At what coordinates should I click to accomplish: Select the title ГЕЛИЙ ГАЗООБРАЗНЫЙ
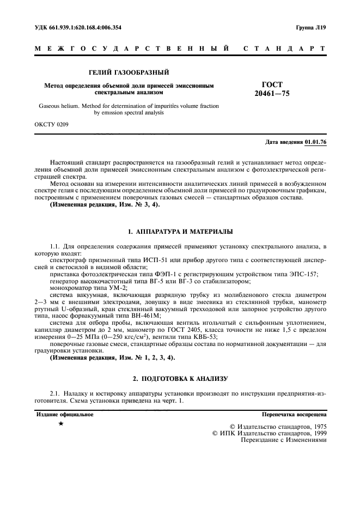(129, 72)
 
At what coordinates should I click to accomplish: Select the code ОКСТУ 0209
(52, 124)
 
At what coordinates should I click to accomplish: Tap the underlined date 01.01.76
(316, 142)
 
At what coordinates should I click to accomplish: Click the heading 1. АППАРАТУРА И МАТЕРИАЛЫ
(180, 231)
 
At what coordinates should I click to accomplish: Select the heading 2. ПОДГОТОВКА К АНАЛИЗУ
(180, 378)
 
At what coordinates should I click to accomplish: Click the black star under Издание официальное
(61, 423)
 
